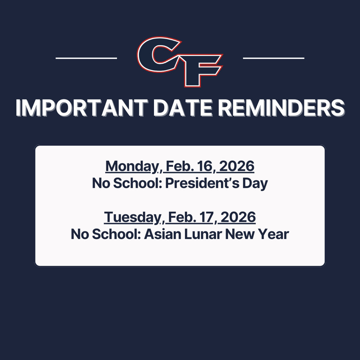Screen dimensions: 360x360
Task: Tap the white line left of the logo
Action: [86, 58]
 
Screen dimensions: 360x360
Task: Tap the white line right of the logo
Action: [274, 58]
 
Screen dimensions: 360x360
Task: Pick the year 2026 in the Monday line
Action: [237, 166]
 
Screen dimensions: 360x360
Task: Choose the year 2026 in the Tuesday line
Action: [238, 217]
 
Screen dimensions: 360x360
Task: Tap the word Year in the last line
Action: [275, 234]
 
